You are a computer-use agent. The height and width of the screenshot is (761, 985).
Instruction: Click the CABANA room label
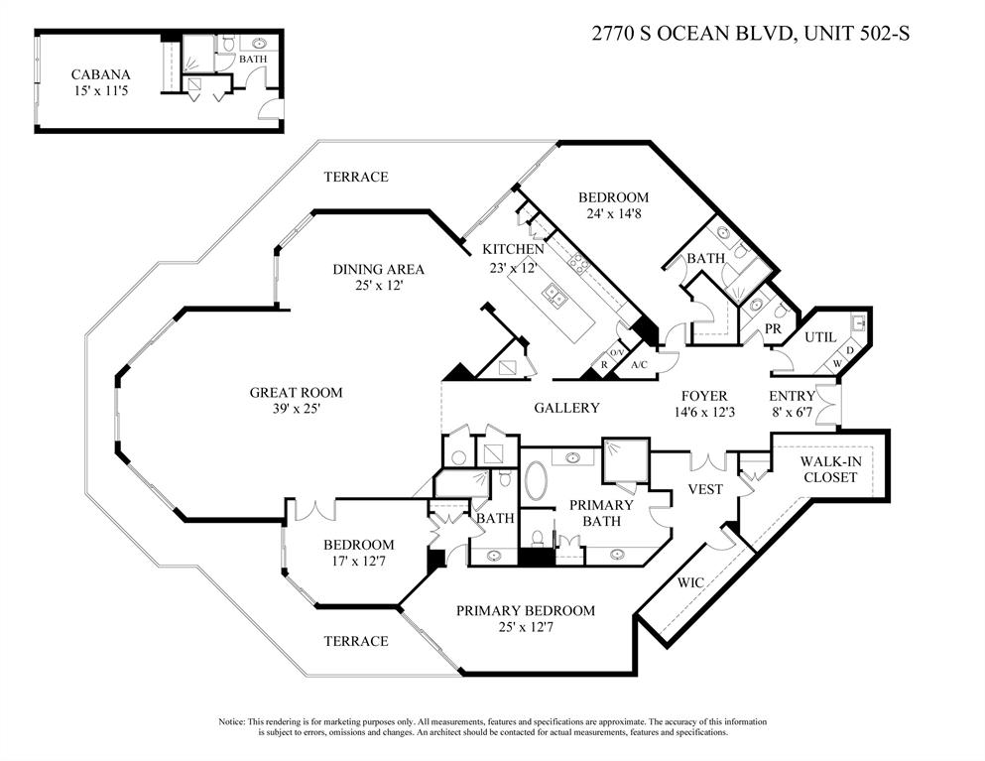point(101,74)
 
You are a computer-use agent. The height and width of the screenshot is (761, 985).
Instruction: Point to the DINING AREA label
point(378,269)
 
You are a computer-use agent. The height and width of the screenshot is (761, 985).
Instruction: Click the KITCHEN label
point(513,249)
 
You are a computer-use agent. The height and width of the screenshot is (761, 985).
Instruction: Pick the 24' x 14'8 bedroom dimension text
point(613,214)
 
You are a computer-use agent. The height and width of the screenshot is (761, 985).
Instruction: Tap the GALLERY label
point(566,408)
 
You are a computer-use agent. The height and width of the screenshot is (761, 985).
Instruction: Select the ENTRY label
point(793,396)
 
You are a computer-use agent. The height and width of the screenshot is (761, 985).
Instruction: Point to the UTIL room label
point(821,338)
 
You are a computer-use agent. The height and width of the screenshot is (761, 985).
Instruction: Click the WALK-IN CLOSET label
point(829,469)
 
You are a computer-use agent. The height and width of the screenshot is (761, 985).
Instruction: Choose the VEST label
point(706,489)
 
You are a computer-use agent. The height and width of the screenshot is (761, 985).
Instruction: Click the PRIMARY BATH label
point(601,513)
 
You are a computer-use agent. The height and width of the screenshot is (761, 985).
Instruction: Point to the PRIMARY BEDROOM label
point(525,610)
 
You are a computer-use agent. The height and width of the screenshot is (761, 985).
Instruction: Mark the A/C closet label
point(640,364)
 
